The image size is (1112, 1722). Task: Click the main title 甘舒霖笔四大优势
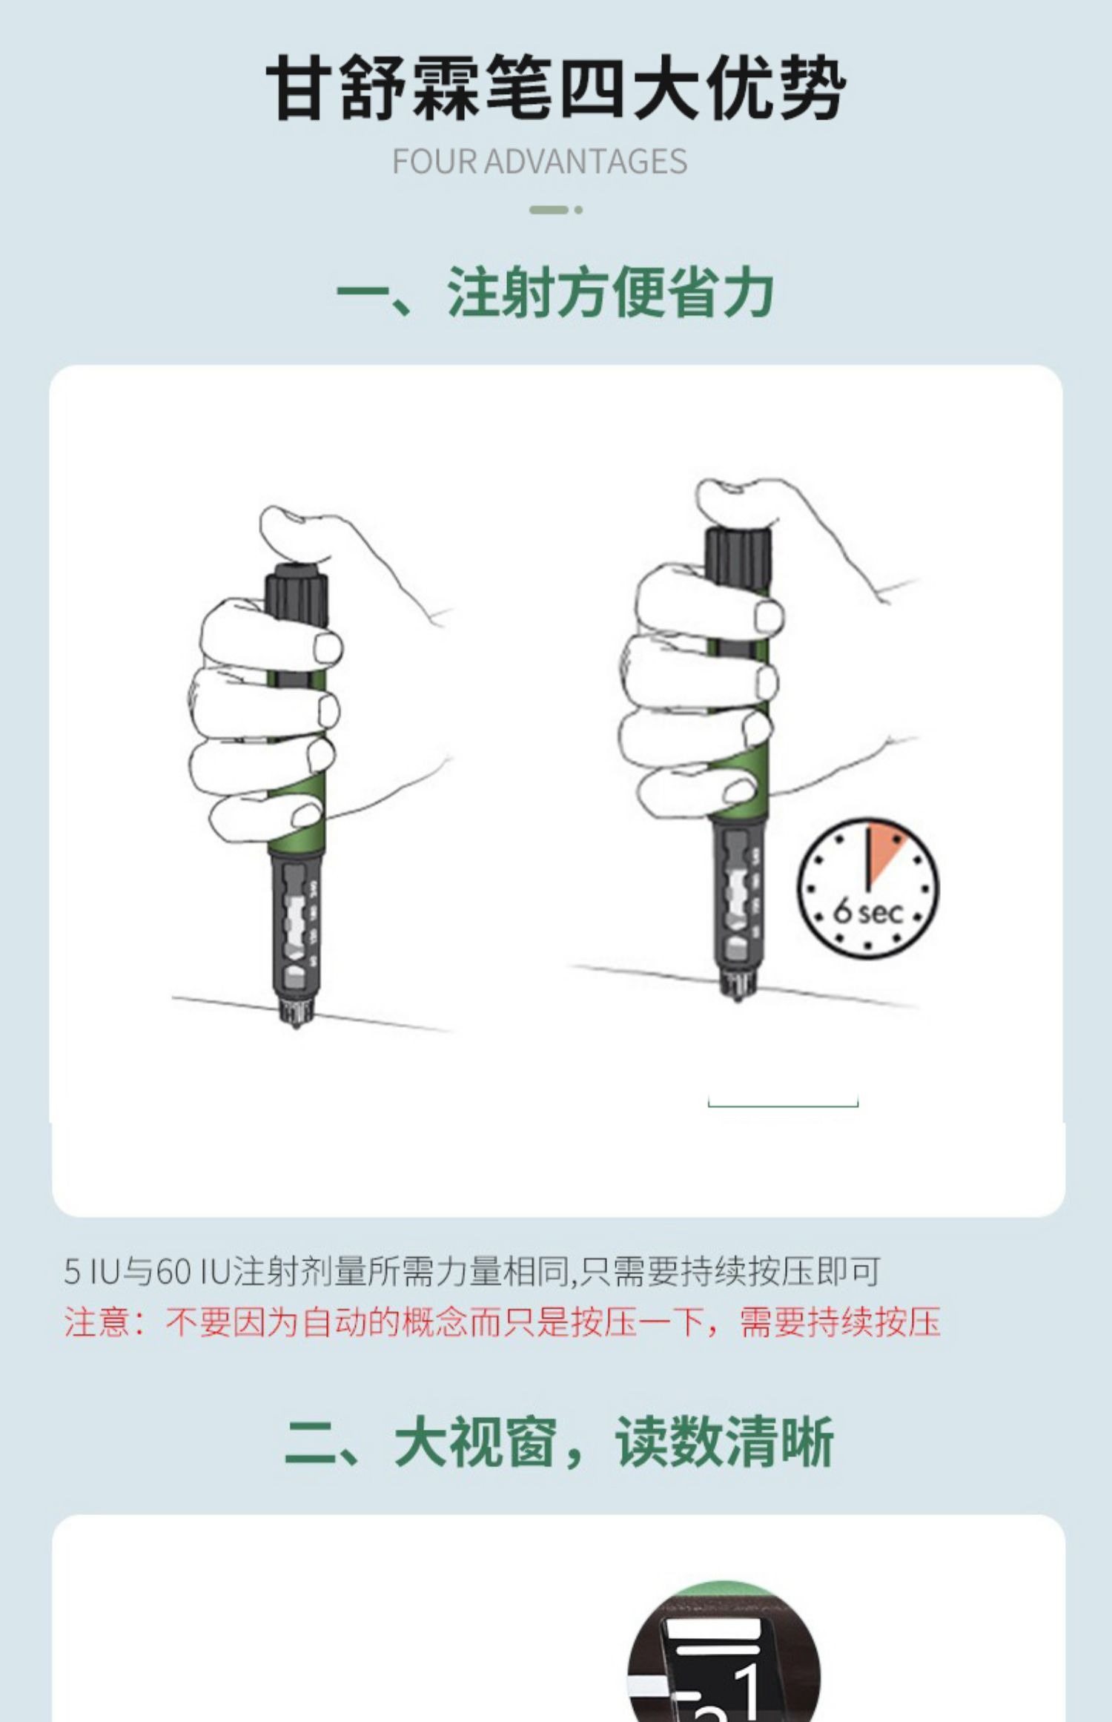[x=556, y=88]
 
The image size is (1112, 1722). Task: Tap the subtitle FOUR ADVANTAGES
[x=540, y=162]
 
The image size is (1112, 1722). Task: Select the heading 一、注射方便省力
[x=555, y=292]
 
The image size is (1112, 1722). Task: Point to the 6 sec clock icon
[x=867, y=888]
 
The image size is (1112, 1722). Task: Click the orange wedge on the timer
[x=884, y=853]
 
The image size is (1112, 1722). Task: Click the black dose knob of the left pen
[x=297, y=593]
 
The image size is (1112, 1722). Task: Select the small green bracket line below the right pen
[x=783, y=1106]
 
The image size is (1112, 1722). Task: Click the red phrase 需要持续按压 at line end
[x=840, y=1322]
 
